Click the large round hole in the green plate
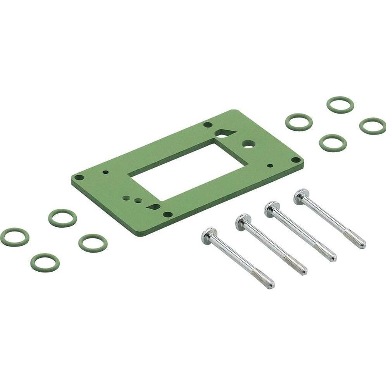[x=247, y=144]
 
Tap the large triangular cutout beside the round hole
[x=224, y=134]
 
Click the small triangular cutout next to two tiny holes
[x=154, y=207]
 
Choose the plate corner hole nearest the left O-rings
[x=79, y=178]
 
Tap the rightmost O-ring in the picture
[x=372, y=126]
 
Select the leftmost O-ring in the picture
[x=15, y=237]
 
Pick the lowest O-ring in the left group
[x=45, y=262]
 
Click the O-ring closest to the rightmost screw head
[x=333, y=143]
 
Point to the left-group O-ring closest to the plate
[x=93, y=243]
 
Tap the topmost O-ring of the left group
[x=63, y=218]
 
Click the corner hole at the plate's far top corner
[x=208, y=125]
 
